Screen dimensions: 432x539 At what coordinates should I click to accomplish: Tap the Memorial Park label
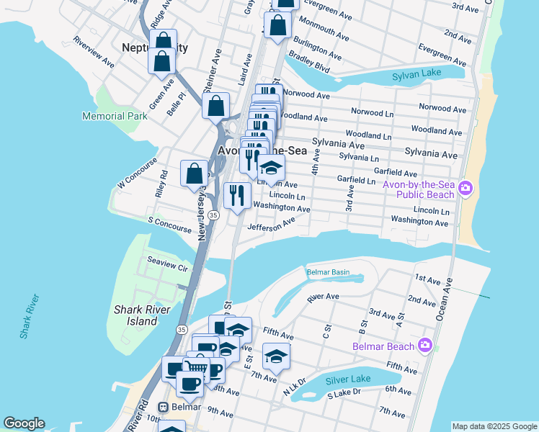(x=115, y=115)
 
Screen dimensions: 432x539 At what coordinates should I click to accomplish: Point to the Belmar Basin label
(x=328, y=272)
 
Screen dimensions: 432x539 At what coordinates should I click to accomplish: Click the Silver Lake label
(x=347, y=379)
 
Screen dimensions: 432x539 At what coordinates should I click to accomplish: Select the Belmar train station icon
(x=164, y=407)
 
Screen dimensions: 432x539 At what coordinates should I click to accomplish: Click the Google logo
(x=24, y=423)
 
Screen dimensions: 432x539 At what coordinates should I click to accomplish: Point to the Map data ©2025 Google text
(x=494, y=426)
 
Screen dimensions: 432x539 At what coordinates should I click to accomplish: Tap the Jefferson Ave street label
(x=272, y=225)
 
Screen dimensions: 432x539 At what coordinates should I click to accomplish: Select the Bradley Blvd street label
(x=310, y=66)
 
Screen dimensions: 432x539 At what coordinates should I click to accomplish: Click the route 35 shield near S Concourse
(x=213, y=215)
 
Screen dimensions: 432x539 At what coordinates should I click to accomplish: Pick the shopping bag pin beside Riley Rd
(x=195, y=174)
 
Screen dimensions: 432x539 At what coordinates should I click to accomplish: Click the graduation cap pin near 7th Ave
(x=275, y=356)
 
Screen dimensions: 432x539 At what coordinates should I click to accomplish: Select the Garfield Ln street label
(x=357, y=181)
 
